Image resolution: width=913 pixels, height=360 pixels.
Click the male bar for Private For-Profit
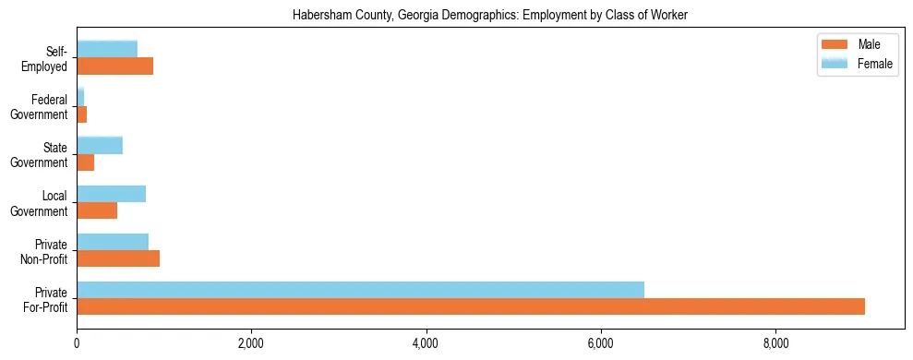(x=471, y=306)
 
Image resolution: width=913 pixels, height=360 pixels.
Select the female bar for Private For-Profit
(x=360, y=290)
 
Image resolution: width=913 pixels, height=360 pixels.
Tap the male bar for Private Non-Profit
(x=118, y=258)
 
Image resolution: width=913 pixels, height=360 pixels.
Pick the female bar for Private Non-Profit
(x=113, y=242)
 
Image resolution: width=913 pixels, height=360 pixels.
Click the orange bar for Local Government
(x=97, y=210)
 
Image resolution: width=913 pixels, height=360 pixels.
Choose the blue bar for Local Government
(x=111, y=194)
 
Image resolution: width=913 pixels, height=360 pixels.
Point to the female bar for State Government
(x=100, y=145)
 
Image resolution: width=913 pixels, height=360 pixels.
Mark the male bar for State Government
(x=85, y=162)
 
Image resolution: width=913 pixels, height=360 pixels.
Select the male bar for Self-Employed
(x=114, y=66)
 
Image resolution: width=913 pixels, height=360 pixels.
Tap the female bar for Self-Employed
(x=107, y=49)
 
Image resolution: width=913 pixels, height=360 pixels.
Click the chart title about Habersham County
(x=490, y=16)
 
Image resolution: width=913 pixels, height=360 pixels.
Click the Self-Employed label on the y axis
(x=47, y=59)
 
